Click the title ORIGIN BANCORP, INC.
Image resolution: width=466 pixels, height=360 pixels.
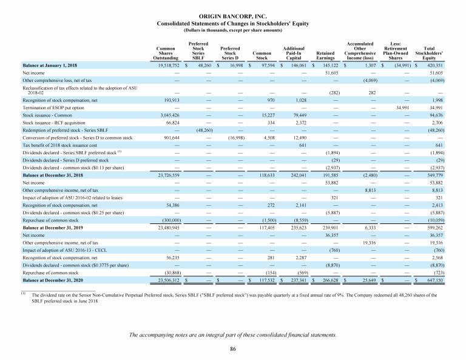[232, 16]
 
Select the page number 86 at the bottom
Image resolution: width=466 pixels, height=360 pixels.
[232, 348]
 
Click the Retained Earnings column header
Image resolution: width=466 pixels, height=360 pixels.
[326, 56]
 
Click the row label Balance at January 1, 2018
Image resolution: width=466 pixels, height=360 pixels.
[50, 64]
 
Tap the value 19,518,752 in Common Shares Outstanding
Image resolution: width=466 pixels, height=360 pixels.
[168, 64]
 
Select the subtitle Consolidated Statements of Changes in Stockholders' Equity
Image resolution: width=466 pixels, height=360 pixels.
[232, 23]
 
